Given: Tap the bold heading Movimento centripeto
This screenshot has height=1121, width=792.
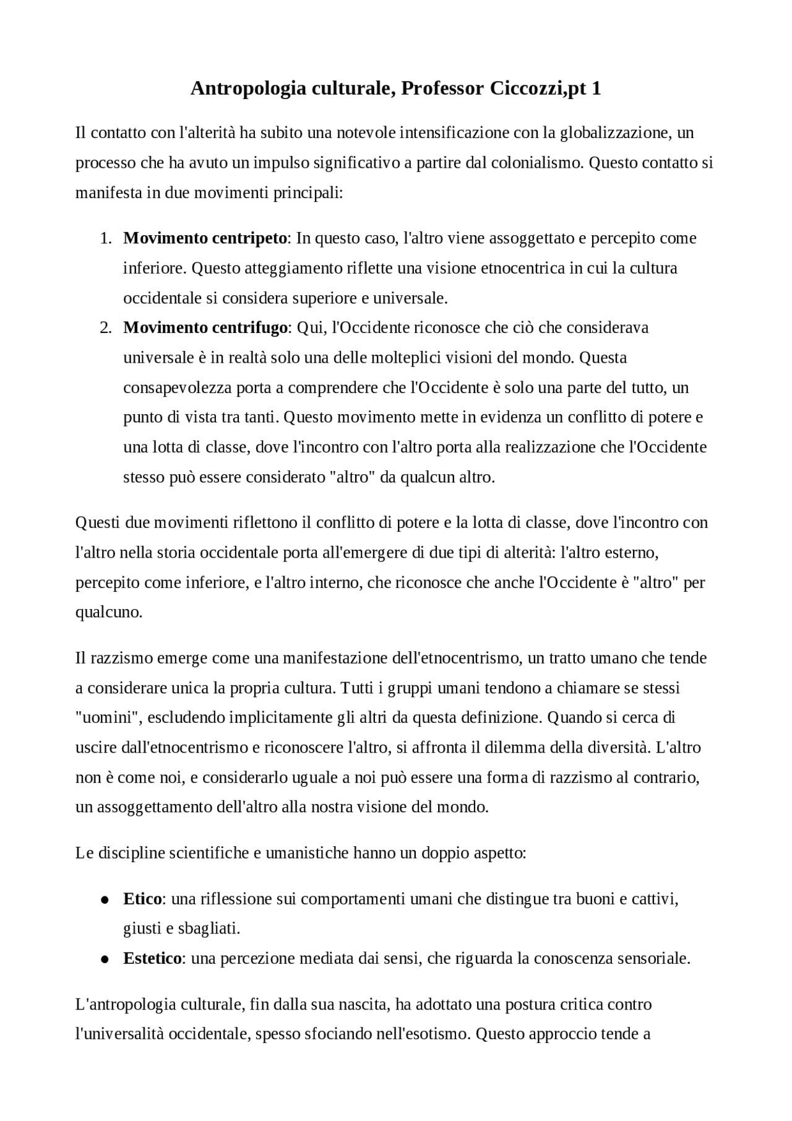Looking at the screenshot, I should pyautogui.click(x=205, y=238).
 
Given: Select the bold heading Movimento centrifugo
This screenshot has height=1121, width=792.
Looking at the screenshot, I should pyautogui.click(x=205, y=327).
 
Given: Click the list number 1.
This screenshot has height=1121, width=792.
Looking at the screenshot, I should pyautogui.click(x=106, y=238).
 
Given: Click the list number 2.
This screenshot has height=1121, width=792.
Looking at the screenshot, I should pyautogui.click(x=106, y=327).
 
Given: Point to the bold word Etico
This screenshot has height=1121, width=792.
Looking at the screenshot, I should pyautogui.click(x=142, y=899).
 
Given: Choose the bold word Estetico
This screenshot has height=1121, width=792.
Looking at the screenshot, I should pyautogui.click(x=152, y=958).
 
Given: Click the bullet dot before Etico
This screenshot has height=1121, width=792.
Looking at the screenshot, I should pyautogui.click(x=105, y=899).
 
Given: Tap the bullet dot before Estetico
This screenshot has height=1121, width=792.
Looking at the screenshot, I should pyautogui.click(x=105, y=959).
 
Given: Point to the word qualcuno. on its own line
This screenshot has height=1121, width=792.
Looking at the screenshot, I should pyautogui.click(x=109, y=612).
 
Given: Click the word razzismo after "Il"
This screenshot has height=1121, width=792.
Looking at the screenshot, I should pyautogui.click(x=121, y=658).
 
